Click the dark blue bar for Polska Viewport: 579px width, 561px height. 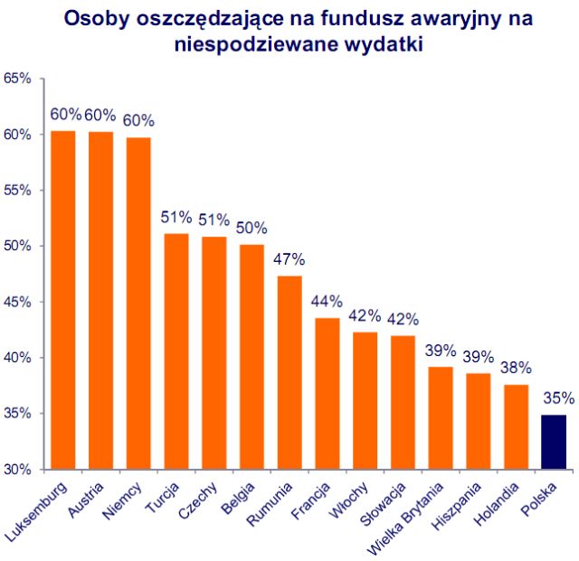(x=553, y=442)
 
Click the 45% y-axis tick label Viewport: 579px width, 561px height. (x=17, y=302)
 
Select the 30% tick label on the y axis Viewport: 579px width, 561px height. (x=17, y=470)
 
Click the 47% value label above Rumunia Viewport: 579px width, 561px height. (x=289, y=258)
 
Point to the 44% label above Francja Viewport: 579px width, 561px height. (x=327, y=301)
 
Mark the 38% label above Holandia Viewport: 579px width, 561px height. (x=516, y=368)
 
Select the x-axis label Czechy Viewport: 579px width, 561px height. (x=197, y=498)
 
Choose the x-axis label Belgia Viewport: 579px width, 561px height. (x=237, y=497)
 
